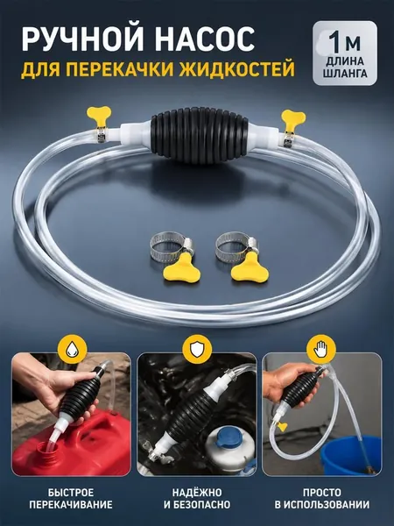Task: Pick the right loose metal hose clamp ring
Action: (236, 247)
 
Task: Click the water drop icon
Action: (72, 350)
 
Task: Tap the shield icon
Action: (196, 350)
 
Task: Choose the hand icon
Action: (321, 350)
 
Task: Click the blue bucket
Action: (351, 454)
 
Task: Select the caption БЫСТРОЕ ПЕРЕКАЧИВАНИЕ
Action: (71, 499)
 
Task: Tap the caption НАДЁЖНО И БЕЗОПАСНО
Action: (197, 499)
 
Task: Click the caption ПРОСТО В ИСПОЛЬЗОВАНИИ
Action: (322, 499)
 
